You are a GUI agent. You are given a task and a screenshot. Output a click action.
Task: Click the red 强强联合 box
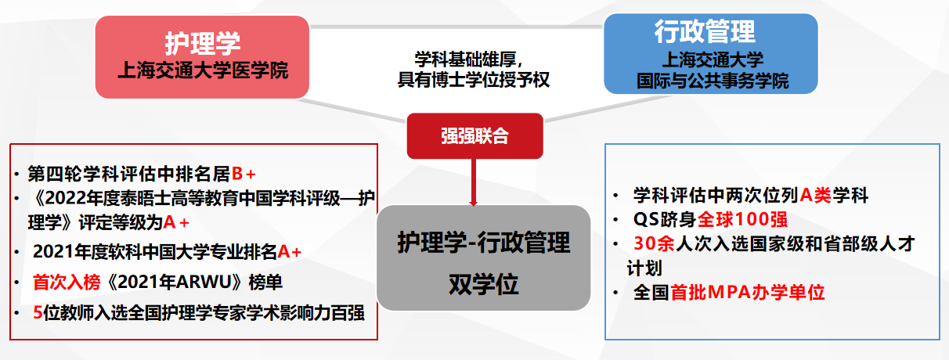click(x=475, y=136)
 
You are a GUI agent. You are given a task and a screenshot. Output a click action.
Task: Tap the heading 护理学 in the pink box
click(x=203, y=43)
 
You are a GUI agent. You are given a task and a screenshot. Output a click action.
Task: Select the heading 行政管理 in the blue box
click(x=705, y=31)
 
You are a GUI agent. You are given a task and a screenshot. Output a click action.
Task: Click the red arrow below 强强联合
click(x=474, y=182)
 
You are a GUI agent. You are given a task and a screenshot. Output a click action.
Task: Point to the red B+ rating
click(x=244, y=174)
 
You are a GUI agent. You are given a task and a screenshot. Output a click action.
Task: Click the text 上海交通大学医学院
click(x=203, y=70)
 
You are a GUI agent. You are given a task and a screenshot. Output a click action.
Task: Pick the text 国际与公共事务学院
click(x=713, y=81)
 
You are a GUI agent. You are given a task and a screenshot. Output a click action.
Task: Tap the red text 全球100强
click(x=742, y=219)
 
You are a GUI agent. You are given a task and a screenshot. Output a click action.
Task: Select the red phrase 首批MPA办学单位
click(x=747, y=292)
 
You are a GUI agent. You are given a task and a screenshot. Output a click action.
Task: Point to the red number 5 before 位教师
click(x=38, y=313)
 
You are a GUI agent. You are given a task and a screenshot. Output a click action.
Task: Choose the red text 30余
click(x=654, y=243)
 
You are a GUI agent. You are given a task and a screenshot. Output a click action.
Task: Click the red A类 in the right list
click(x=816, y=195)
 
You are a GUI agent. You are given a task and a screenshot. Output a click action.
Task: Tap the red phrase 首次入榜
click(x=67, y=282)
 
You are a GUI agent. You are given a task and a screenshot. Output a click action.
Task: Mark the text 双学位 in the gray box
click(x=483, y=284)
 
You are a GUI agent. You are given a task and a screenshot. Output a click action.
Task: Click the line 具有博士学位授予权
click(x=473, y=80)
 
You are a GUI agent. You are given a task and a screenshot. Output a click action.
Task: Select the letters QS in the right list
click(x=646, y=219)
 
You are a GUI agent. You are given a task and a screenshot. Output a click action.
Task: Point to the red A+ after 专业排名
click(x=290, y=252)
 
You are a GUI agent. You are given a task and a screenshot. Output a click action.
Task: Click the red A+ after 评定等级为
click(x=176, y=222)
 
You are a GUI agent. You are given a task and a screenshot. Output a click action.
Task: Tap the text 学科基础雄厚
click(x=465, y=59)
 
